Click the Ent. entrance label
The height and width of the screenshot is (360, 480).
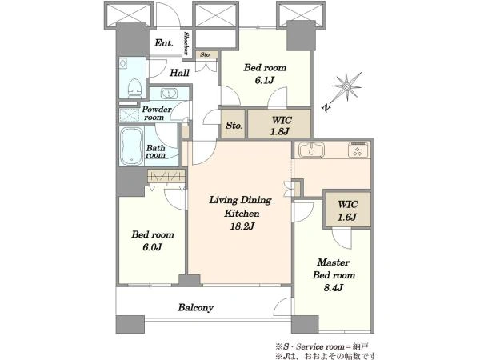click(164, 43)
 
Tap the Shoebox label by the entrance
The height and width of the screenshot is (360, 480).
click(186, 43)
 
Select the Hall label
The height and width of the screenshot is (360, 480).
click(179, 73)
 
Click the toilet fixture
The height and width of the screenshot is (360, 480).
click(134, 88)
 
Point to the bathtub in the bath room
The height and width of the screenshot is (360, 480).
click(132, 146)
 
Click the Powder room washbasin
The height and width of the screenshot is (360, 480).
click(169, 93)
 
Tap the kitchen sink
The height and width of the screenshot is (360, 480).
click(312, 150)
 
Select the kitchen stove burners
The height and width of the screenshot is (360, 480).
click(358, 150)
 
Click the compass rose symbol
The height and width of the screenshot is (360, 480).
click(348, 86)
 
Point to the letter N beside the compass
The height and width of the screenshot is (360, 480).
click(326, 108)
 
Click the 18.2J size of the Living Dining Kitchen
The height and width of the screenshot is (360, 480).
click(242, 226)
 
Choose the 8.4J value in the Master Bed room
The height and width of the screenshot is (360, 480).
click(334, 288)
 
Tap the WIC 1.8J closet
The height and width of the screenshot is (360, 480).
click(279, 124)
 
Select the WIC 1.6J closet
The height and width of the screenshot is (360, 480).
click(348, 210)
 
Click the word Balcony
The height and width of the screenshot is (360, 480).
click(196, 307)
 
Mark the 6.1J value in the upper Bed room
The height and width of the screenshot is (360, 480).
click(265, 80)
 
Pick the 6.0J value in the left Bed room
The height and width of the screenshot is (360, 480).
click(152, 247)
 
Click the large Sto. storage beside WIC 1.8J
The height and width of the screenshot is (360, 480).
click(234, 124)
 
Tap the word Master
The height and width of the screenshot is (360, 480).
click(334, 262)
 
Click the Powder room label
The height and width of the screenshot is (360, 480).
click(157, 114)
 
